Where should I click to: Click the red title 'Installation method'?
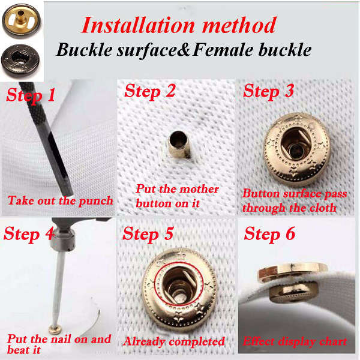click(x=179, y=25)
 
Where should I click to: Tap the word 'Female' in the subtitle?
click(x=223, y=50)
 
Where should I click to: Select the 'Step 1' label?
click(x=31, y=95)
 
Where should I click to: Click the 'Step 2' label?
click(x=149, y=91)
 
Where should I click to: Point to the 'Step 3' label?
click(x=268, y=91)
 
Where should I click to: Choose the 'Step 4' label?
click(x=29, y=234)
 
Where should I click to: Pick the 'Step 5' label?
click(x=148, y=234)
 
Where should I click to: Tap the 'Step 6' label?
click(x=269, y=234)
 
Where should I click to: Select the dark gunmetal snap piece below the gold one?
click(x=20, y=61)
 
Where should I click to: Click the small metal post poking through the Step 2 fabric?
click(x=179, y=144)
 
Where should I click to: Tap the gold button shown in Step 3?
click(x=296, y=149)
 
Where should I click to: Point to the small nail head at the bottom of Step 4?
click(x=55, y=330)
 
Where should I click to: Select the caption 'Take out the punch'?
click(x=61, y=201)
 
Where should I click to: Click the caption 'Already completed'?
click(x=174, y=341)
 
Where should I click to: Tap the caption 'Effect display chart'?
click(x=295, y=341)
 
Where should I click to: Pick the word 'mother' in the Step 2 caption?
click(x=199, y=190)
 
